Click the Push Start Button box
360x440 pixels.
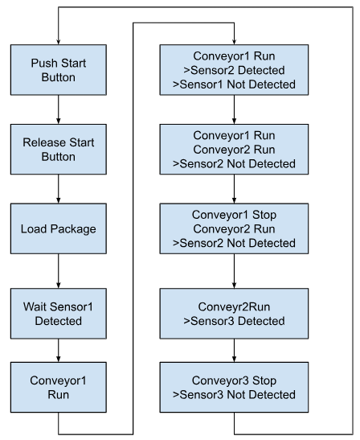[x=59, y=70]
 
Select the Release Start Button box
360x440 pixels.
[x=59, y=150]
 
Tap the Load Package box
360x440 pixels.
[x=59, y=228]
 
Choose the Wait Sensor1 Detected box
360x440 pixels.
[x=59, y=314]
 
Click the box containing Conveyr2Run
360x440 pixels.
[x=234, y=314]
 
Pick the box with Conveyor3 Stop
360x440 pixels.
[x=234, y=387]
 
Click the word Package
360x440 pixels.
[x=73, y=229]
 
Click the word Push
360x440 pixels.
[x=42, y=63]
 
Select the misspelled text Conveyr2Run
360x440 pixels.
[x=234, y=306]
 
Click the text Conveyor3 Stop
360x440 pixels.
[x=234, y=380]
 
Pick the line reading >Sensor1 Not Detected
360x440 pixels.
[x=234, y=84]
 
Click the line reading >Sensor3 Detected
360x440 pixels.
[x=234, y=321]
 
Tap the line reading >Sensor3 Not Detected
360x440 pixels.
[x=234, y=394]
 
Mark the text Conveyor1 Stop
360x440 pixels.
[x=234, y=215]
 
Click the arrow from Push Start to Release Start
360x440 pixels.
[x=59, y=109]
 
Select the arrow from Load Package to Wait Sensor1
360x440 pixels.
[x=59, y=271]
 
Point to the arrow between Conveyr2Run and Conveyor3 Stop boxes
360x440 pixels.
[x=234, y=351]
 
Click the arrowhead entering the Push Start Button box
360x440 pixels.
[x=59, y=42]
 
